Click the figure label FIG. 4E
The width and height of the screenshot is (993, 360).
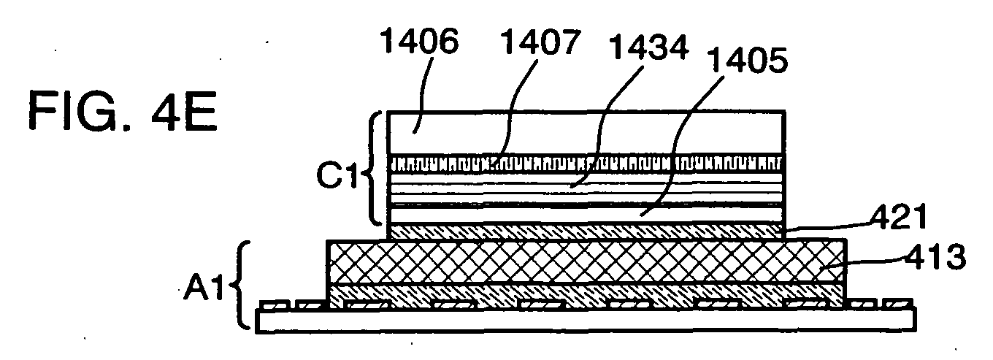pyautogui.click(x=123, y=110)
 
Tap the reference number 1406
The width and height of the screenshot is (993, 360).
pyautogui.click(x=420, y=42)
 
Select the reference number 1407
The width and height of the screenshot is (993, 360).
pyautogui.click(x=540, y=42)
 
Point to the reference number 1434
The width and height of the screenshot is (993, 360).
pyautogui.click(x=649, y=48)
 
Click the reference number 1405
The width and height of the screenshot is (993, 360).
pyautogui.click(x=748, y=60)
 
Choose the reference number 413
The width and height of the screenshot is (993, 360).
pyautogui.click(x=935, y=257)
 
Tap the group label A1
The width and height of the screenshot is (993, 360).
pyautogui.click(x=204, y=288)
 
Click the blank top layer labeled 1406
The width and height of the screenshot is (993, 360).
pyautogui.click(x=586, y=133)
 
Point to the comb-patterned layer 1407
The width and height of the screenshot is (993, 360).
pyautogui.click(x=586, y=163)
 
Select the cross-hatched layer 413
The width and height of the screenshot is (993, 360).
pyautogui.click(x=586, y=261)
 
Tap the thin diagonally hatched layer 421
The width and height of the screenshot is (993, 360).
pyautogui.click(x=586, y=231)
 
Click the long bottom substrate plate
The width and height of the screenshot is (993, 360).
pyautogui.click(x=586, y=320)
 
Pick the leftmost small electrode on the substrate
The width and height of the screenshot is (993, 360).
pyautogui.click(x=275, y=305)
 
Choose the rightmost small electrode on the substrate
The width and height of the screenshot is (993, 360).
pyautogui.click(x=897, y=304)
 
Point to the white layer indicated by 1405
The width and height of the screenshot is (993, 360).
pyautogui.click(x=586, y=215)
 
